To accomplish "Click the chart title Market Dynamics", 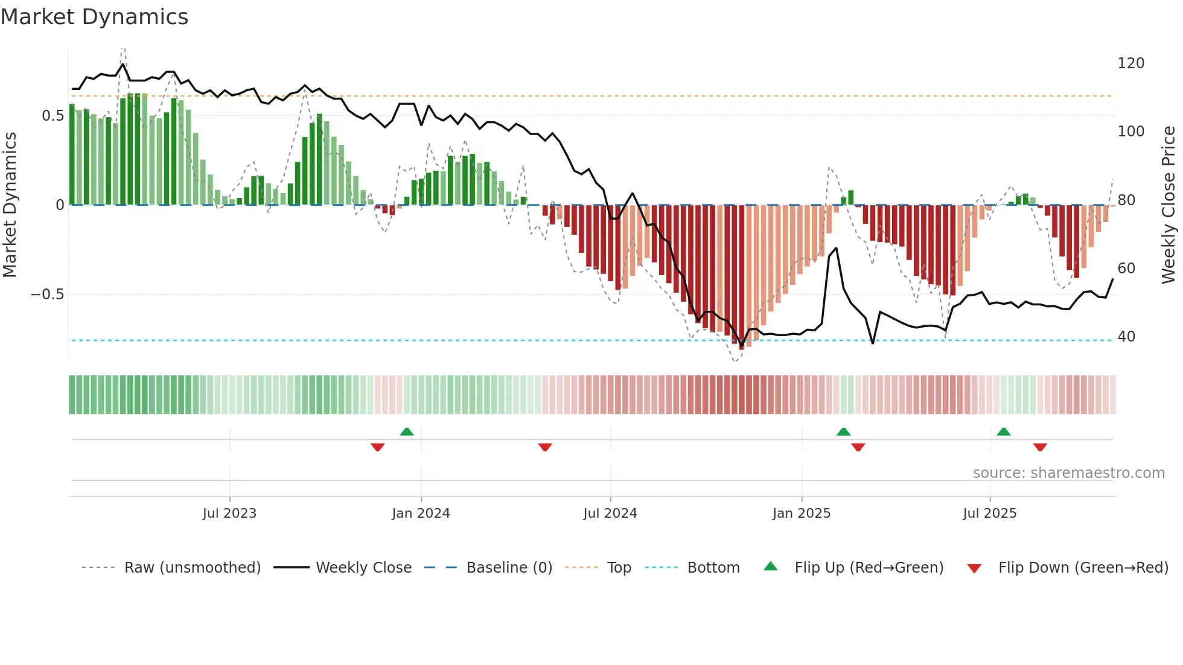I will [x=94, y=17].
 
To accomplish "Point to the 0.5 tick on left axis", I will [x=53, y=115].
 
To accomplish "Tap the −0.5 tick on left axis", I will [x=47, y=294].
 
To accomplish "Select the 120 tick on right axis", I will [x=1130, y=63].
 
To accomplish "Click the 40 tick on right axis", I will [x=1126, y=337].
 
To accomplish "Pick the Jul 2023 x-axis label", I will [x=229, y=514].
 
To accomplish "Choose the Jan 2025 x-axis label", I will [x=801, y=514].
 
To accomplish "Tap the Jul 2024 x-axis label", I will [x=610, y=514].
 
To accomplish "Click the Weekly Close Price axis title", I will [x=1169, y=205].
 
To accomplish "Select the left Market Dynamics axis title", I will [x=10, y=205].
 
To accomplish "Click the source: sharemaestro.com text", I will [x=1068, y=473].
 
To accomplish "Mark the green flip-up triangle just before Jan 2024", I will [x=407, y=432].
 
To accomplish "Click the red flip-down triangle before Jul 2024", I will [x=545, y=447].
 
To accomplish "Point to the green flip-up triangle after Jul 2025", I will [x=1004, y=432].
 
